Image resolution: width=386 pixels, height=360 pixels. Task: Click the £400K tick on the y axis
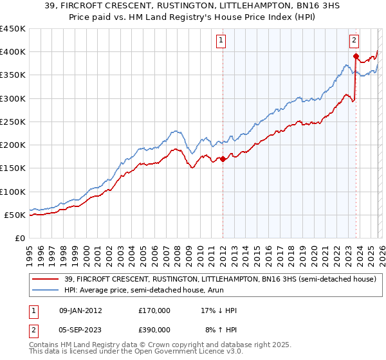click(13, 52)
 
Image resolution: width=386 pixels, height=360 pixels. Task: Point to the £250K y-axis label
click(13, 122)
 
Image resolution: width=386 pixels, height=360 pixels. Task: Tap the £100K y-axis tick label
click(13, 192)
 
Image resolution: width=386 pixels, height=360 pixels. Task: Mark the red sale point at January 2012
click(223, 159)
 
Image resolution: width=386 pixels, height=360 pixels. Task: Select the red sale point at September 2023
click(355, 57)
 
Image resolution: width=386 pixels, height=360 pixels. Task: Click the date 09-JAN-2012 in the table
click(80, 310)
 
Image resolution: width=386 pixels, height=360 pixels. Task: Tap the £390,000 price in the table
click(154, 329)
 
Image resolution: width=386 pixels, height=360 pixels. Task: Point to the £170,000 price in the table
click(154, 310)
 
